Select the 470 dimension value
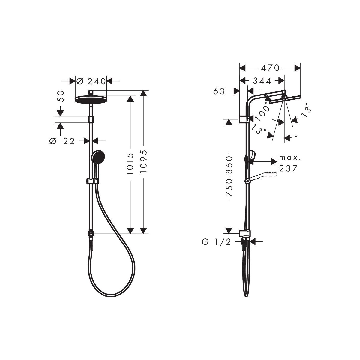[x=270, y=68]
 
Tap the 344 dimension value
[x=262, y=81]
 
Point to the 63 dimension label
[x=219, y=91]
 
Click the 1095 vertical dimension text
[x=144, y=161]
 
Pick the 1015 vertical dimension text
[x=130, y=164]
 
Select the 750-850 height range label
[x=229, y=176]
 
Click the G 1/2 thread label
[x=217, y=242]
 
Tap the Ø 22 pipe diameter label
[x=62, y=141]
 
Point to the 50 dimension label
[x=61, y=96]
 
